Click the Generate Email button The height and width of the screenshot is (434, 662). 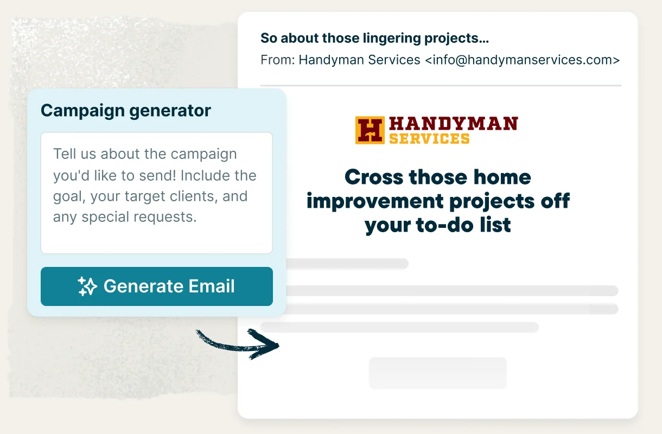[x=157, y=286]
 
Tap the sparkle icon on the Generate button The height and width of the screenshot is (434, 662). [x=87, y=286]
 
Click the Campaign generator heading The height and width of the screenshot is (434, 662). [x=126, y=111]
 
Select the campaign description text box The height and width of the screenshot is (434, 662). [x=157, y=193]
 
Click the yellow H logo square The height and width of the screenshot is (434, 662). [x=370, y=130]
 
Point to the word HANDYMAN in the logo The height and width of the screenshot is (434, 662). [x=453, y=124]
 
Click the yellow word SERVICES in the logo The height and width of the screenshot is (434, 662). [x=429, y=138]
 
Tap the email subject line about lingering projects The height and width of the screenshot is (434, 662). [x=374, y=38]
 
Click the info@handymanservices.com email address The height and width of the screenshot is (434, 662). [x=522, y=60]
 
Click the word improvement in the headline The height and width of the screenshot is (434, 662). [x=375, y=202]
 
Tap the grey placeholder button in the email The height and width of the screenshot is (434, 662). [x=438, y=373]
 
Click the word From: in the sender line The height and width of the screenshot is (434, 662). [x=277, y=60]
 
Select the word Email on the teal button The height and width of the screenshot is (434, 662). [x=212, y=286]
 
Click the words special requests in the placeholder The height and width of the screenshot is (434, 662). [x=139, y=217]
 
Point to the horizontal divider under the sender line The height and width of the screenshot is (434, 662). [x=441, y=85]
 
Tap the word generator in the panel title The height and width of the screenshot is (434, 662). [x=170, y=111]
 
